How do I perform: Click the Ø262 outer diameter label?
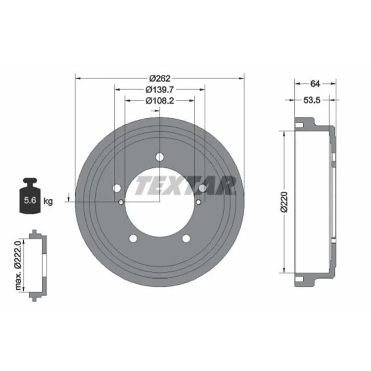click(x=160, y=78)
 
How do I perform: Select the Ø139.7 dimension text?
click(x=160, y=90)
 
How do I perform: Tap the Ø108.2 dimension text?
click(x=160, y=100)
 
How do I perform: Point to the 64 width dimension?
click(x=315, y=84)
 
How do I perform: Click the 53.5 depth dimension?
click(x=312, y=100)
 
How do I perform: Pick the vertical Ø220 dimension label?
click(x=284, y=202)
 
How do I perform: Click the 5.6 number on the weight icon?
click(x=30, y=200)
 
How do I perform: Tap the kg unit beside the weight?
click(x=48, y=202)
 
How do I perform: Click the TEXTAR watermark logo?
click(x=186, y=185)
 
